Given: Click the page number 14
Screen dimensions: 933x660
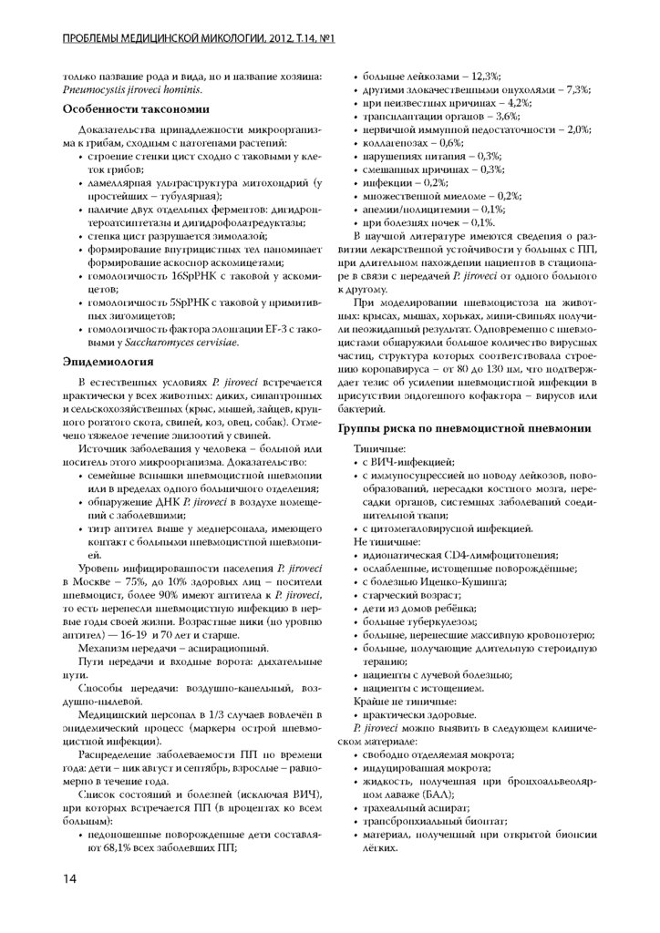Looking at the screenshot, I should [x=69, y=877].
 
